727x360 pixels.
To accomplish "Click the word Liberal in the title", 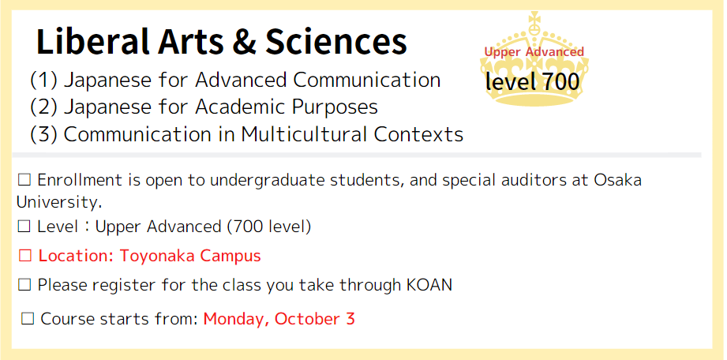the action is pos(92,42).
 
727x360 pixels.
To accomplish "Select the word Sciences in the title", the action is pos(335,42).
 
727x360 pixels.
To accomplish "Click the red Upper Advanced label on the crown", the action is pos(534,52).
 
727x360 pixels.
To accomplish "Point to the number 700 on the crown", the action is pos(560,82).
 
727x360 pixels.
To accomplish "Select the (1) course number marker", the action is pos(43,81).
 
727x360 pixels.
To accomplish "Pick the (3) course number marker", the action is pos(43,134).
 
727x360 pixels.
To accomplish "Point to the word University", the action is pos(59,202).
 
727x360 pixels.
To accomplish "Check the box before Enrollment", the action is pos(24,180).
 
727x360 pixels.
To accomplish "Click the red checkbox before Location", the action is pos(25,256).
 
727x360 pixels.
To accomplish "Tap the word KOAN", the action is pos(429,285).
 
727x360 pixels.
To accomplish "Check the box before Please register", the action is pos(24,285).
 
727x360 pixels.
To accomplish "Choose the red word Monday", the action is pos(237,320).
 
